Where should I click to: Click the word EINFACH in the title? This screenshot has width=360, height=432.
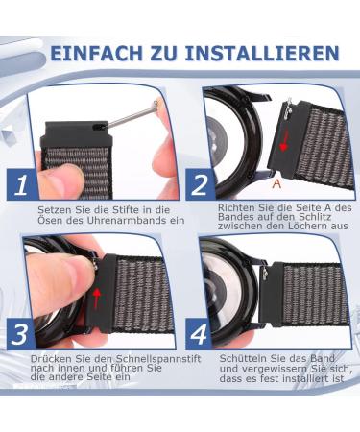click(96, 53)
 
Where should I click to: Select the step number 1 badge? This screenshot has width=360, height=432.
click(20, 185)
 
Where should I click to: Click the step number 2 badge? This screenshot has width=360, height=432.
click(200, 185)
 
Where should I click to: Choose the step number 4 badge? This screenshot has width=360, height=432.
click(199, 334)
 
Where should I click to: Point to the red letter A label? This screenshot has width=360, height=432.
click(276, 183)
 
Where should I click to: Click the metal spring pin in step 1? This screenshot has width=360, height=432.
click(132, 116)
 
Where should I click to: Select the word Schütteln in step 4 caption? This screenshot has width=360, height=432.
click(243, 359)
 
